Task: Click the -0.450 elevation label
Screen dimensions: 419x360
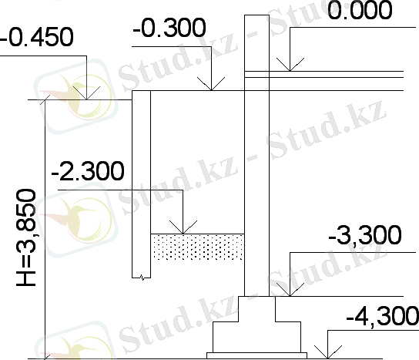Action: (x=37, y=37)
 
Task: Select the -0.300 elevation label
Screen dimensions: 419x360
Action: (x=169, y=28)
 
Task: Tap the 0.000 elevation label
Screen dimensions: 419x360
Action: (x=360, y=10)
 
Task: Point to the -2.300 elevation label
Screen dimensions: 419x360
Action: (x=88, y=171)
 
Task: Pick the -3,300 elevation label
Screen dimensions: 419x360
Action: (x=365, y=235)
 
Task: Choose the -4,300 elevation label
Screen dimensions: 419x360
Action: (x=383, y=316)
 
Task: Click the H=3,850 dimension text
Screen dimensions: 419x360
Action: (x=26, y=237)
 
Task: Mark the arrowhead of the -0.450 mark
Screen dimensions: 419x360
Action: (x=86, y=93)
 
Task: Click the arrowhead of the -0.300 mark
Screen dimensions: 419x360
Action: (x=211, y=84)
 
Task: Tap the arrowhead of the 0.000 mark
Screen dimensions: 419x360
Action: (x=290, y=65)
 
